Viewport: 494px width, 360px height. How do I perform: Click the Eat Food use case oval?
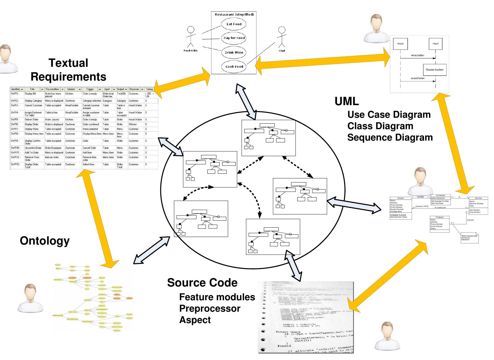click(234, 24)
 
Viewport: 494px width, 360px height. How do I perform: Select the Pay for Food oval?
click(234, 38)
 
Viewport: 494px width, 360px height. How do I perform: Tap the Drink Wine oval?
click(234, 52)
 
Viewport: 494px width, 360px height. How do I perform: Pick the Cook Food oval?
click(234, 66)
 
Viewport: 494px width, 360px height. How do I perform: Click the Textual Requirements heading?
click(68, 70)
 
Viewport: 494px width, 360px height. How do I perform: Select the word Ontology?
click(45, 241)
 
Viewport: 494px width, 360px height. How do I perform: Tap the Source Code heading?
click(202, 283)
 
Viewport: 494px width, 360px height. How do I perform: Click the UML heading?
click(347, 101)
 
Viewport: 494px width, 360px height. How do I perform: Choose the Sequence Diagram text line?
click(390, 137)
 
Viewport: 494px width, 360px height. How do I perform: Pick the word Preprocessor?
click(210, 308)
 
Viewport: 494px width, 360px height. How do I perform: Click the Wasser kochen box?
click(435, 70)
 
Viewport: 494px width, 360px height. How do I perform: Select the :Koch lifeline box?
click(400, 44)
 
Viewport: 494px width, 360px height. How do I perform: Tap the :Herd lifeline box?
click(435, 44)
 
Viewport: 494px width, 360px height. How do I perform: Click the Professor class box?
click(440, 224)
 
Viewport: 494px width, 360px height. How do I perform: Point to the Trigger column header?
click(90, 89)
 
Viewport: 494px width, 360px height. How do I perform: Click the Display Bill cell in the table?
click(30, 94)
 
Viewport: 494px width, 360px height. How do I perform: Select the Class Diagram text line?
click(380, 126)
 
